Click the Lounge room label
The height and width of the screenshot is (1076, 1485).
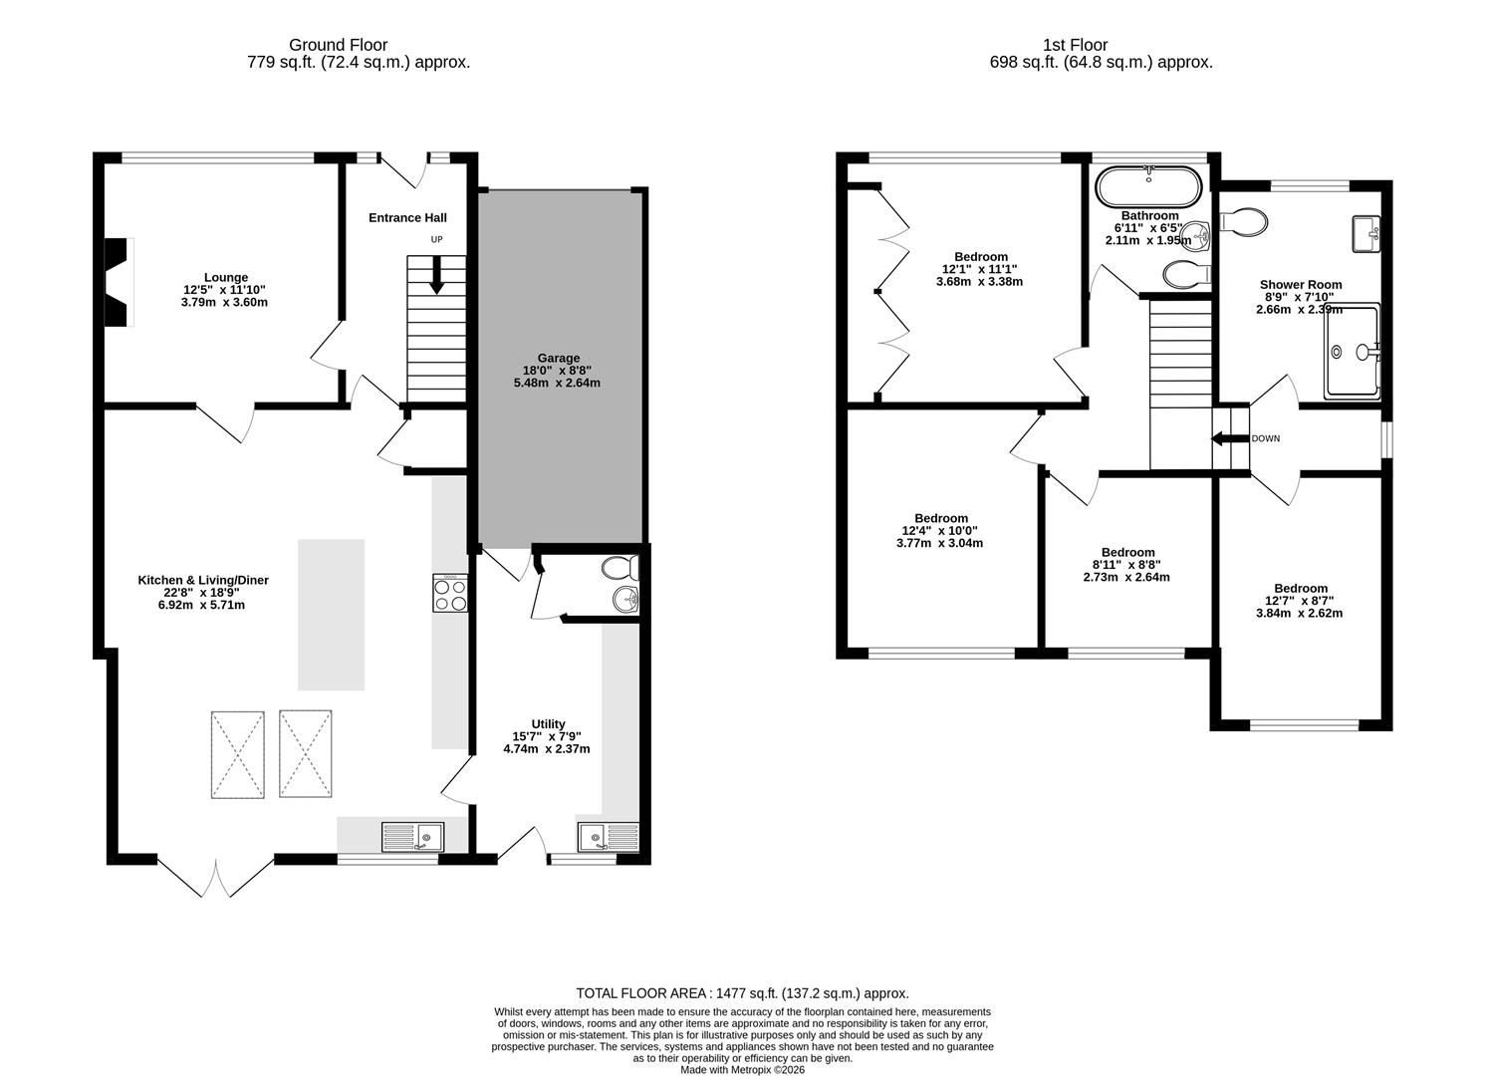pyautogui.click(x=226, y=278)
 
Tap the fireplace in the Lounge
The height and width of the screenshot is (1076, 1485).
pyautogui.click(x=119, y=282)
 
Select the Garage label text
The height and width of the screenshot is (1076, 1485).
pyautogui.click(x=558, y=359)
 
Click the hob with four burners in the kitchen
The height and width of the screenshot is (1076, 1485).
pyautogui.click(x=450, y=594)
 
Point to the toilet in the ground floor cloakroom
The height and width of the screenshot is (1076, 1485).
pyautogui.click(x=619, y=569)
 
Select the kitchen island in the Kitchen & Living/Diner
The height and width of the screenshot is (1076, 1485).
pyautogui.click(x=331, y=614)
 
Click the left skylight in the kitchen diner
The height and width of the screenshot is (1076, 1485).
pyautogui.click(x=237, y=754)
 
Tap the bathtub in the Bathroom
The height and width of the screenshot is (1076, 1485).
pyautogui.click(x=1149, y=186)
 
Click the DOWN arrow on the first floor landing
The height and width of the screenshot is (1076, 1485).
pyautogui.click(x=1222, y=438)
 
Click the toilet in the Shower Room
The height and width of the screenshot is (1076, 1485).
pyautogui.click(x=1245, y=221)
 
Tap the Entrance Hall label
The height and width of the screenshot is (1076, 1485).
pyautogui.click(x=407, y=218)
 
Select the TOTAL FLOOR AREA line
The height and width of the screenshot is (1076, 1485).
pyautogui.click(x=742, y=993)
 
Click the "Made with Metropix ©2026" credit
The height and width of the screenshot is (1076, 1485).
pyautogui.click(x=742, y=1070)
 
